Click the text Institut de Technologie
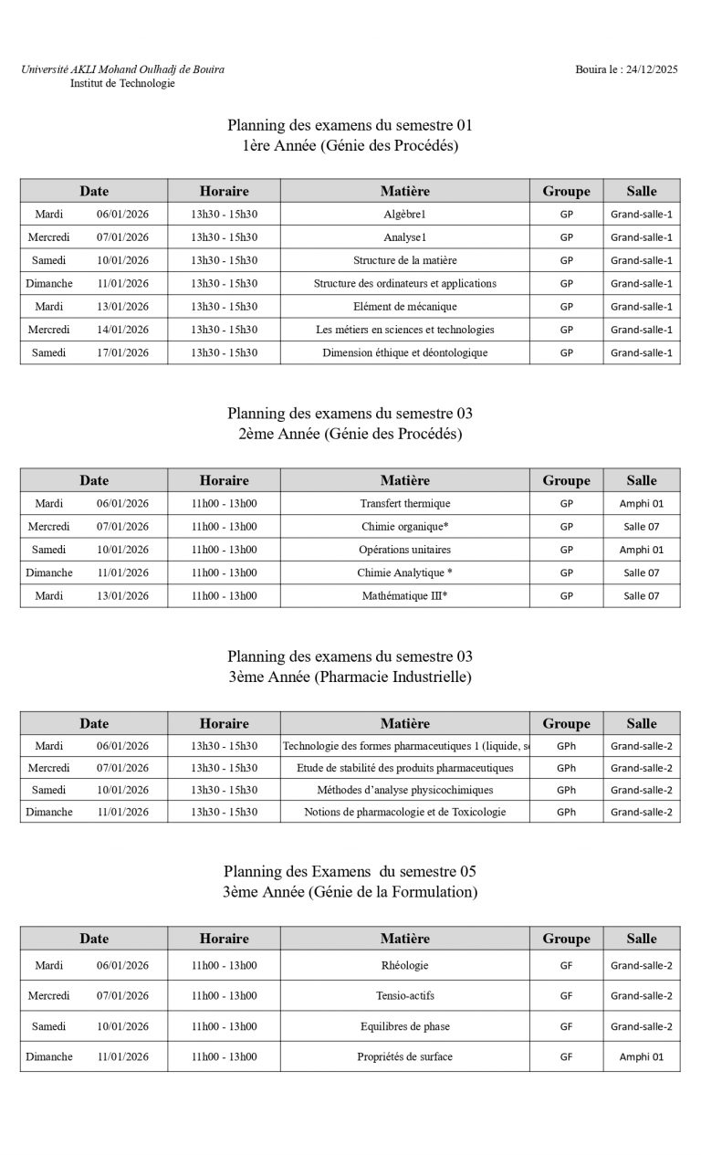122,83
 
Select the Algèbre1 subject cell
404,214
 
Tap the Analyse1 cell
404,237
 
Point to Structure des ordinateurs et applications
404,283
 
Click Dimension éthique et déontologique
404,352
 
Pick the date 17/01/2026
122,352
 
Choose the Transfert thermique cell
404,503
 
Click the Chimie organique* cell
404,527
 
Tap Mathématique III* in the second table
404,595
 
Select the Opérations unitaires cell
404,550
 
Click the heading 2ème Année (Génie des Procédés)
350,434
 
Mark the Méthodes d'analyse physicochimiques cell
404,790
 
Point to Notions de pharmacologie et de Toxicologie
404,812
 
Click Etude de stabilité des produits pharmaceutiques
404,768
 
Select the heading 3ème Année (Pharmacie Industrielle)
350,677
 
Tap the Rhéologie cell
404,965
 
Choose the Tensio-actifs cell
404,995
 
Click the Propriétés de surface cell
404,1056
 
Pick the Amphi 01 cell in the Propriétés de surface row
641,1056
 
